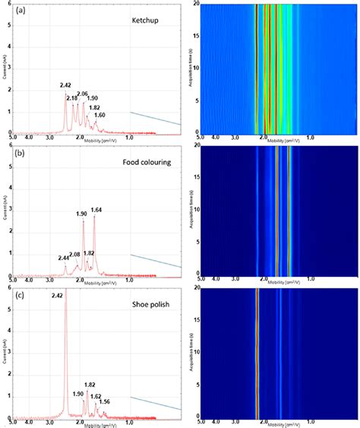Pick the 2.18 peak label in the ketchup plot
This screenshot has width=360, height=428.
click(x=71, y=99)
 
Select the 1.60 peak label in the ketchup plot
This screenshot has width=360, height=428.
click(x=99, y=115)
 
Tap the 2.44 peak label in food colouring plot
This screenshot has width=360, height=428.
click(x=62, y=258)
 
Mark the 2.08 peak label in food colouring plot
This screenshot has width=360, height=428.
click(x=74, y=254)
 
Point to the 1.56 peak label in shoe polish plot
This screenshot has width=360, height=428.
click(x=106, y=401)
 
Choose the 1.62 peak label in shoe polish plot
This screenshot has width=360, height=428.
click(x=96, y=396)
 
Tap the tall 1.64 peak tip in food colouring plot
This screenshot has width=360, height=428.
click(x=94, y=217)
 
